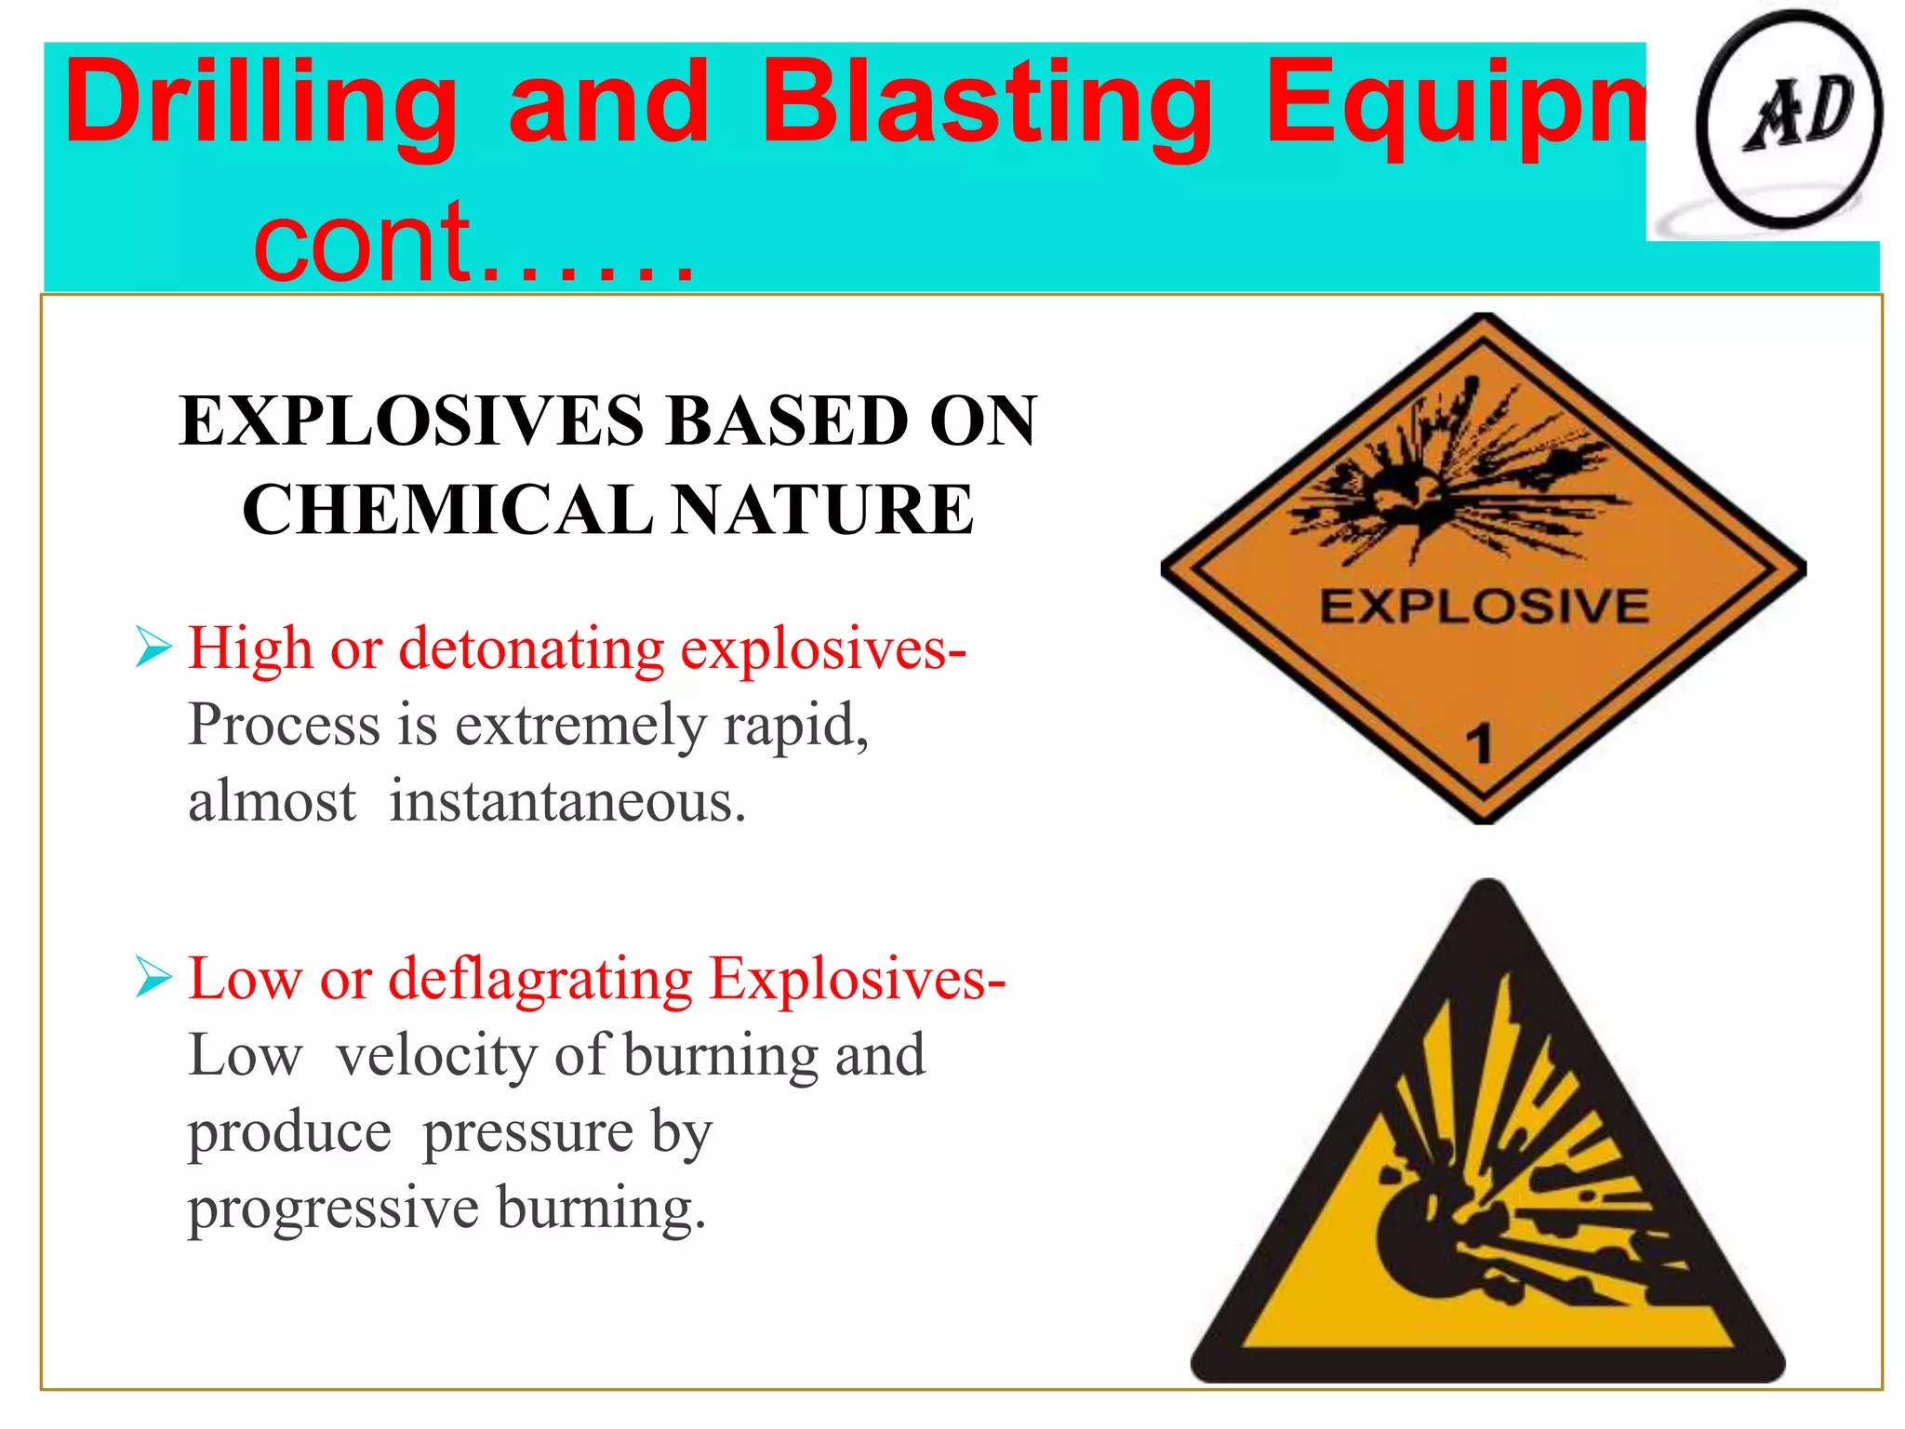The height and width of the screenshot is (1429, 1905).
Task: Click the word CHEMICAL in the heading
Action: click(x=447, y=510)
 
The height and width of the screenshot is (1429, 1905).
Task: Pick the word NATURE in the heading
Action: click(x=822, y=510)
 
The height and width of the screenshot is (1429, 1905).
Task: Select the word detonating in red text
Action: click(x=531, y=648)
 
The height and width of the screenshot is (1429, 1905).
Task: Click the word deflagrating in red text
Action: click(x=540, y=980)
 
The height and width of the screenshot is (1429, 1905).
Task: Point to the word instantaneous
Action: click(x=566, y=801)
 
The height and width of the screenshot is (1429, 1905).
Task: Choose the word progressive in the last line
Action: click(x=333, y=1209)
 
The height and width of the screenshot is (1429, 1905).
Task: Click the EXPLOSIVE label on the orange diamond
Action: click(x=1484, y=607)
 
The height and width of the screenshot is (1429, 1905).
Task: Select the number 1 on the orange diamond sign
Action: click(x=1479, y=744)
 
